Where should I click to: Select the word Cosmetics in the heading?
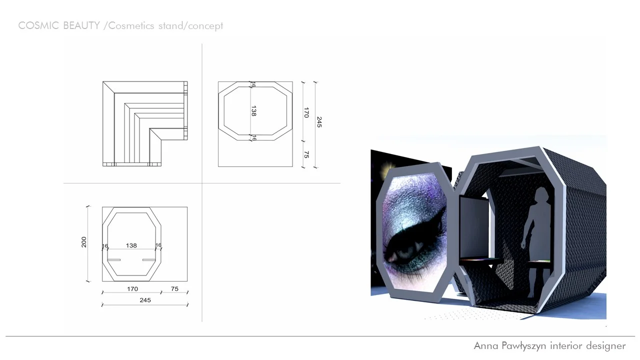(x=131, y=26)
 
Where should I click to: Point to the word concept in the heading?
(x=205, y=26)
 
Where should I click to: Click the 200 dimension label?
(x=84, y=242)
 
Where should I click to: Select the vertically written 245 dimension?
(x=319, y=122)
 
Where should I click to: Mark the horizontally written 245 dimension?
(x=145, y=300)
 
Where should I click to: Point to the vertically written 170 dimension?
(x=306, y=113)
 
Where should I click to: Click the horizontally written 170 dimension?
(x=132, y=289)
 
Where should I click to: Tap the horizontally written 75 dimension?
(x=174, y=289)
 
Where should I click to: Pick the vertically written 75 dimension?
(x=306, y=155)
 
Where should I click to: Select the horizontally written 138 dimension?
(x=131, y=245)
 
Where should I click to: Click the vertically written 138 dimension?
(x=253, y=111)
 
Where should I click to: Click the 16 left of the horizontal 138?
(x=105, y=245)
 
